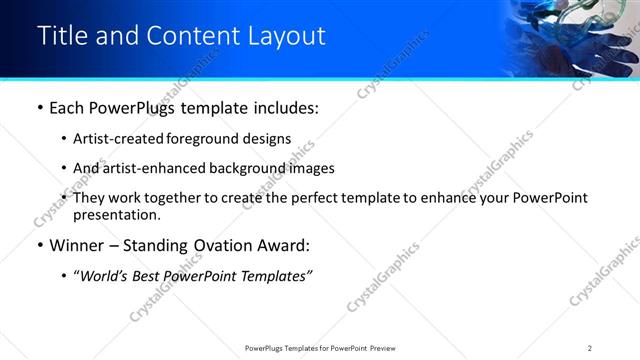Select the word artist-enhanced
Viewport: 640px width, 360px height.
pos(146,168)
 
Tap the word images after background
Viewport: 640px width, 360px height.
pos(310,168)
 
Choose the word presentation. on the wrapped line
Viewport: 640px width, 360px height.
pos(116,214)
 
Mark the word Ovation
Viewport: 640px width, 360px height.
pos(204,245)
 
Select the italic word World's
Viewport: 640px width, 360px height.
pos(106,275)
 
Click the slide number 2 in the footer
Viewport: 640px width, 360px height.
pos(590,348)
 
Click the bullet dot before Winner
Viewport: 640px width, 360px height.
pos(39,245)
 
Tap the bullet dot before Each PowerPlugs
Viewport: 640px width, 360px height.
pos(39,108)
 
